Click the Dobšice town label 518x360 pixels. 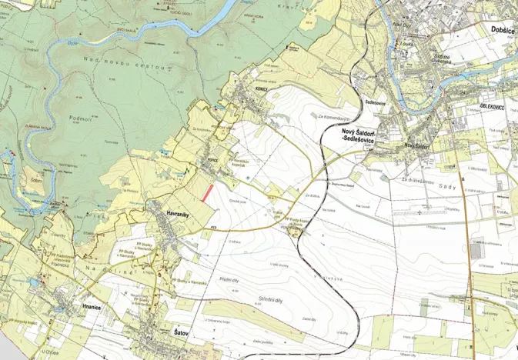pos(501,29)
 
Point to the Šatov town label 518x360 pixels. pos(182,333)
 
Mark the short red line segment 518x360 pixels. pos(206,192)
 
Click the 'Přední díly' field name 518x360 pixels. pos(230,279)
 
